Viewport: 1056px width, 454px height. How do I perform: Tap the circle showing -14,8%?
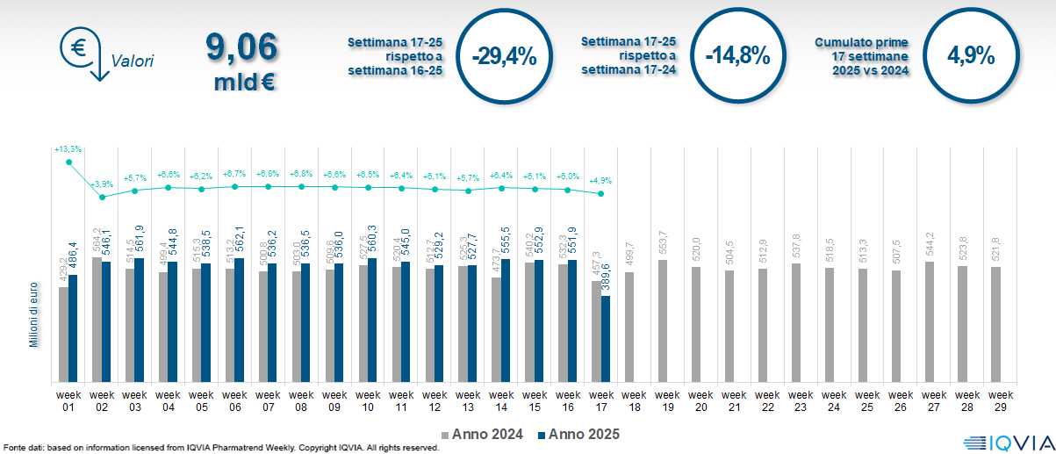[x=737, y=56]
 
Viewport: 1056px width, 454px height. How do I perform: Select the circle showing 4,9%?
[x=970, y=56]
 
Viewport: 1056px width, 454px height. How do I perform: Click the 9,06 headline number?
[x=241, y=47]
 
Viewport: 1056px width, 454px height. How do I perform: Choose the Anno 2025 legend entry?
[x=575, y=434]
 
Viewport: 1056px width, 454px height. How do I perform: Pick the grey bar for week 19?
[x=663, y=321]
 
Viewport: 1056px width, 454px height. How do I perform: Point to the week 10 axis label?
[x=368, y=400]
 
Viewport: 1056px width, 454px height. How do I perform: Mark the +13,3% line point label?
[x=68, y=149]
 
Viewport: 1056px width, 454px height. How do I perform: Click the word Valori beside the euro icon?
[x=133, y=61]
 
